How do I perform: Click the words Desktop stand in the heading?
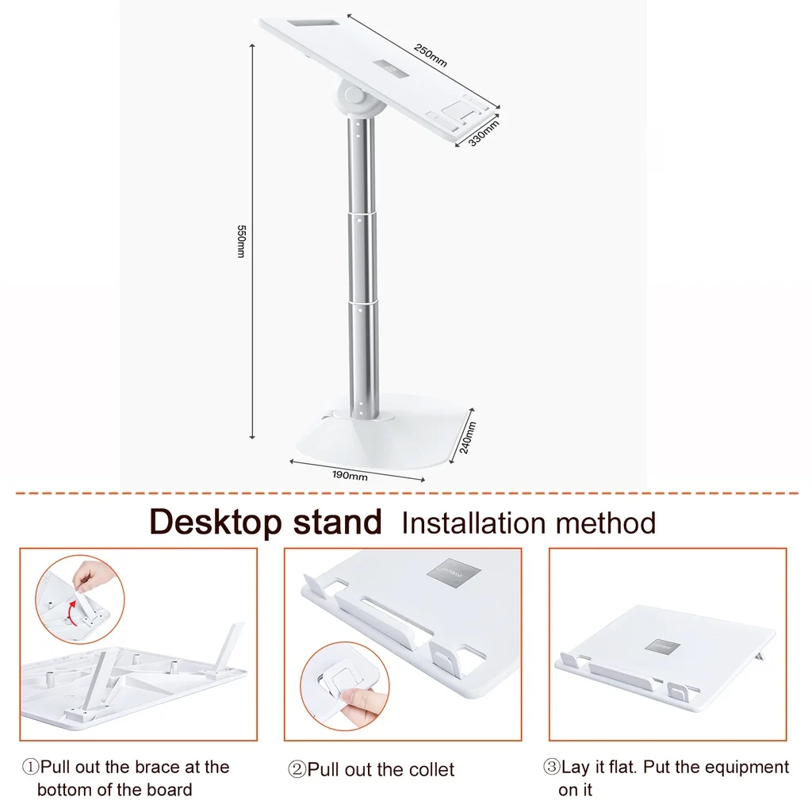point(266,523)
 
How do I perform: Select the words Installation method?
point(529,523)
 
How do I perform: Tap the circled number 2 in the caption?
point(297,770)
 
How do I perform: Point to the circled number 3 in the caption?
point(551,768)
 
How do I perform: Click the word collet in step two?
point(428,770)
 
